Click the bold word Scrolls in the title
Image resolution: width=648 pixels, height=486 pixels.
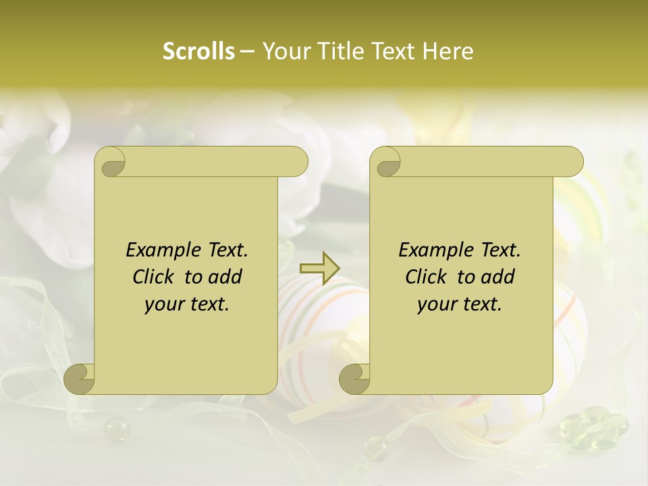(x=198, y=51)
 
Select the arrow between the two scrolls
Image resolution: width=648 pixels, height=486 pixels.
(x=320, y=267)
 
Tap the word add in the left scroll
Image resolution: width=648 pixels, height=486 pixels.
(x=225, y=277)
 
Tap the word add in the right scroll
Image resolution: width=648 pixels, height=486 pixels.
(x=498, y=277)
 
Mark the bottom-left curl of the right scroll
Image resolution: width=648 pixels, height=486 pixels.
(x=354, y=379)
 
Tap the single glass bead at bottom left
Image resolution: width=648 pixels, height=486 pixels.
(x=116, y=428)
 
